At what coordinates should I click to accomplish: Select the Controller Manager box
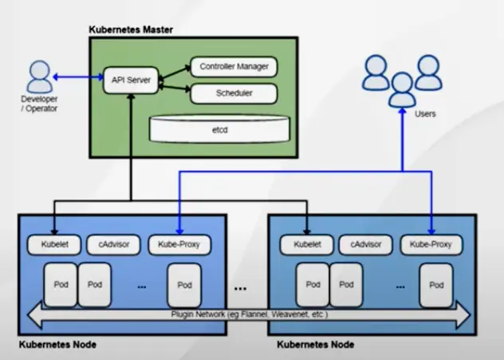tap(234, 66)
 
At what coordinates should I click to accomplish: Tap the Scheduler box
tap(234, 93)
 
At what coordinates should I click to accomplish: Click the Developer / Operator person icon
tap(37, 77)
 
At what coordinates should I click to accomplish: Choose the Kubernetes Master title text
tap(130, 30)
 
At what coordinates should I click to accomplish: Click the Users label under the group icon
tap(425, 114)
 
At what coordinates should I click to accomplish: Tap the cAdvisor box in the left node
tap(114, 243)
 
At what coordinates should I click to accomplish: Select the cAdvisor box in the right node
tap(364, 243)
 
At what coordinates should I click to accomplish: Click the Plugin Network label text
tap(250, 315)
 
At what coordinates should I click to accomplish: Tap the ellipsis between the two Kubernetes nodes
tap(240, 286)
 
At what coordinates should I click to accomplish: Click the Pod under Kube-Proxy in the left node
tap(185, 285)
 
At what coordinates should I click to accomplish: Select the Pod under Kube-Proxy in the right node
tap(436, 285)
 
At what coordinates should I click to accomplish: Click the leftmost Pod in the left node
tap(59, 284)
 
